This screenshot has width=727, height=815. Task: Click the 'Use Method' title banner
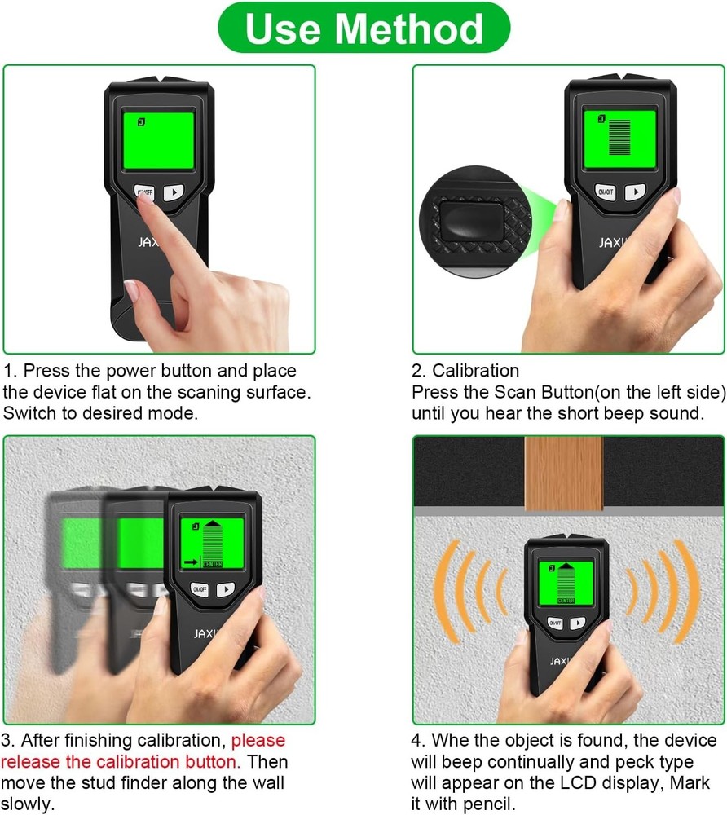(x=363, y=29)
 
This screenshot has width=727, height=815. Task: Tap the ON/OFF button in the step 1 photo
(x=144, y=192)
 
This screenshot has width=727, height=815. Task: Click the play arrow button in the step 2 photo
(x=634, y=192)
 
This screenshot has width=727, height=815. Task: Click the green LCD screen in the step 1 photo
(x=158, y=140)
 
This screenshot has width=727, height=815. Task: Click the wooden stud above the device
(x=563, y=473)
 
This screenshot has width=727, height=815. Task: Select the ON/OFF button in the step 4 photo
(x=556, y=622)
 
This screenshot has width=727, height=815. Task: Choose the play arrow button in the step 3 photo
(x=226, y=588)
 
